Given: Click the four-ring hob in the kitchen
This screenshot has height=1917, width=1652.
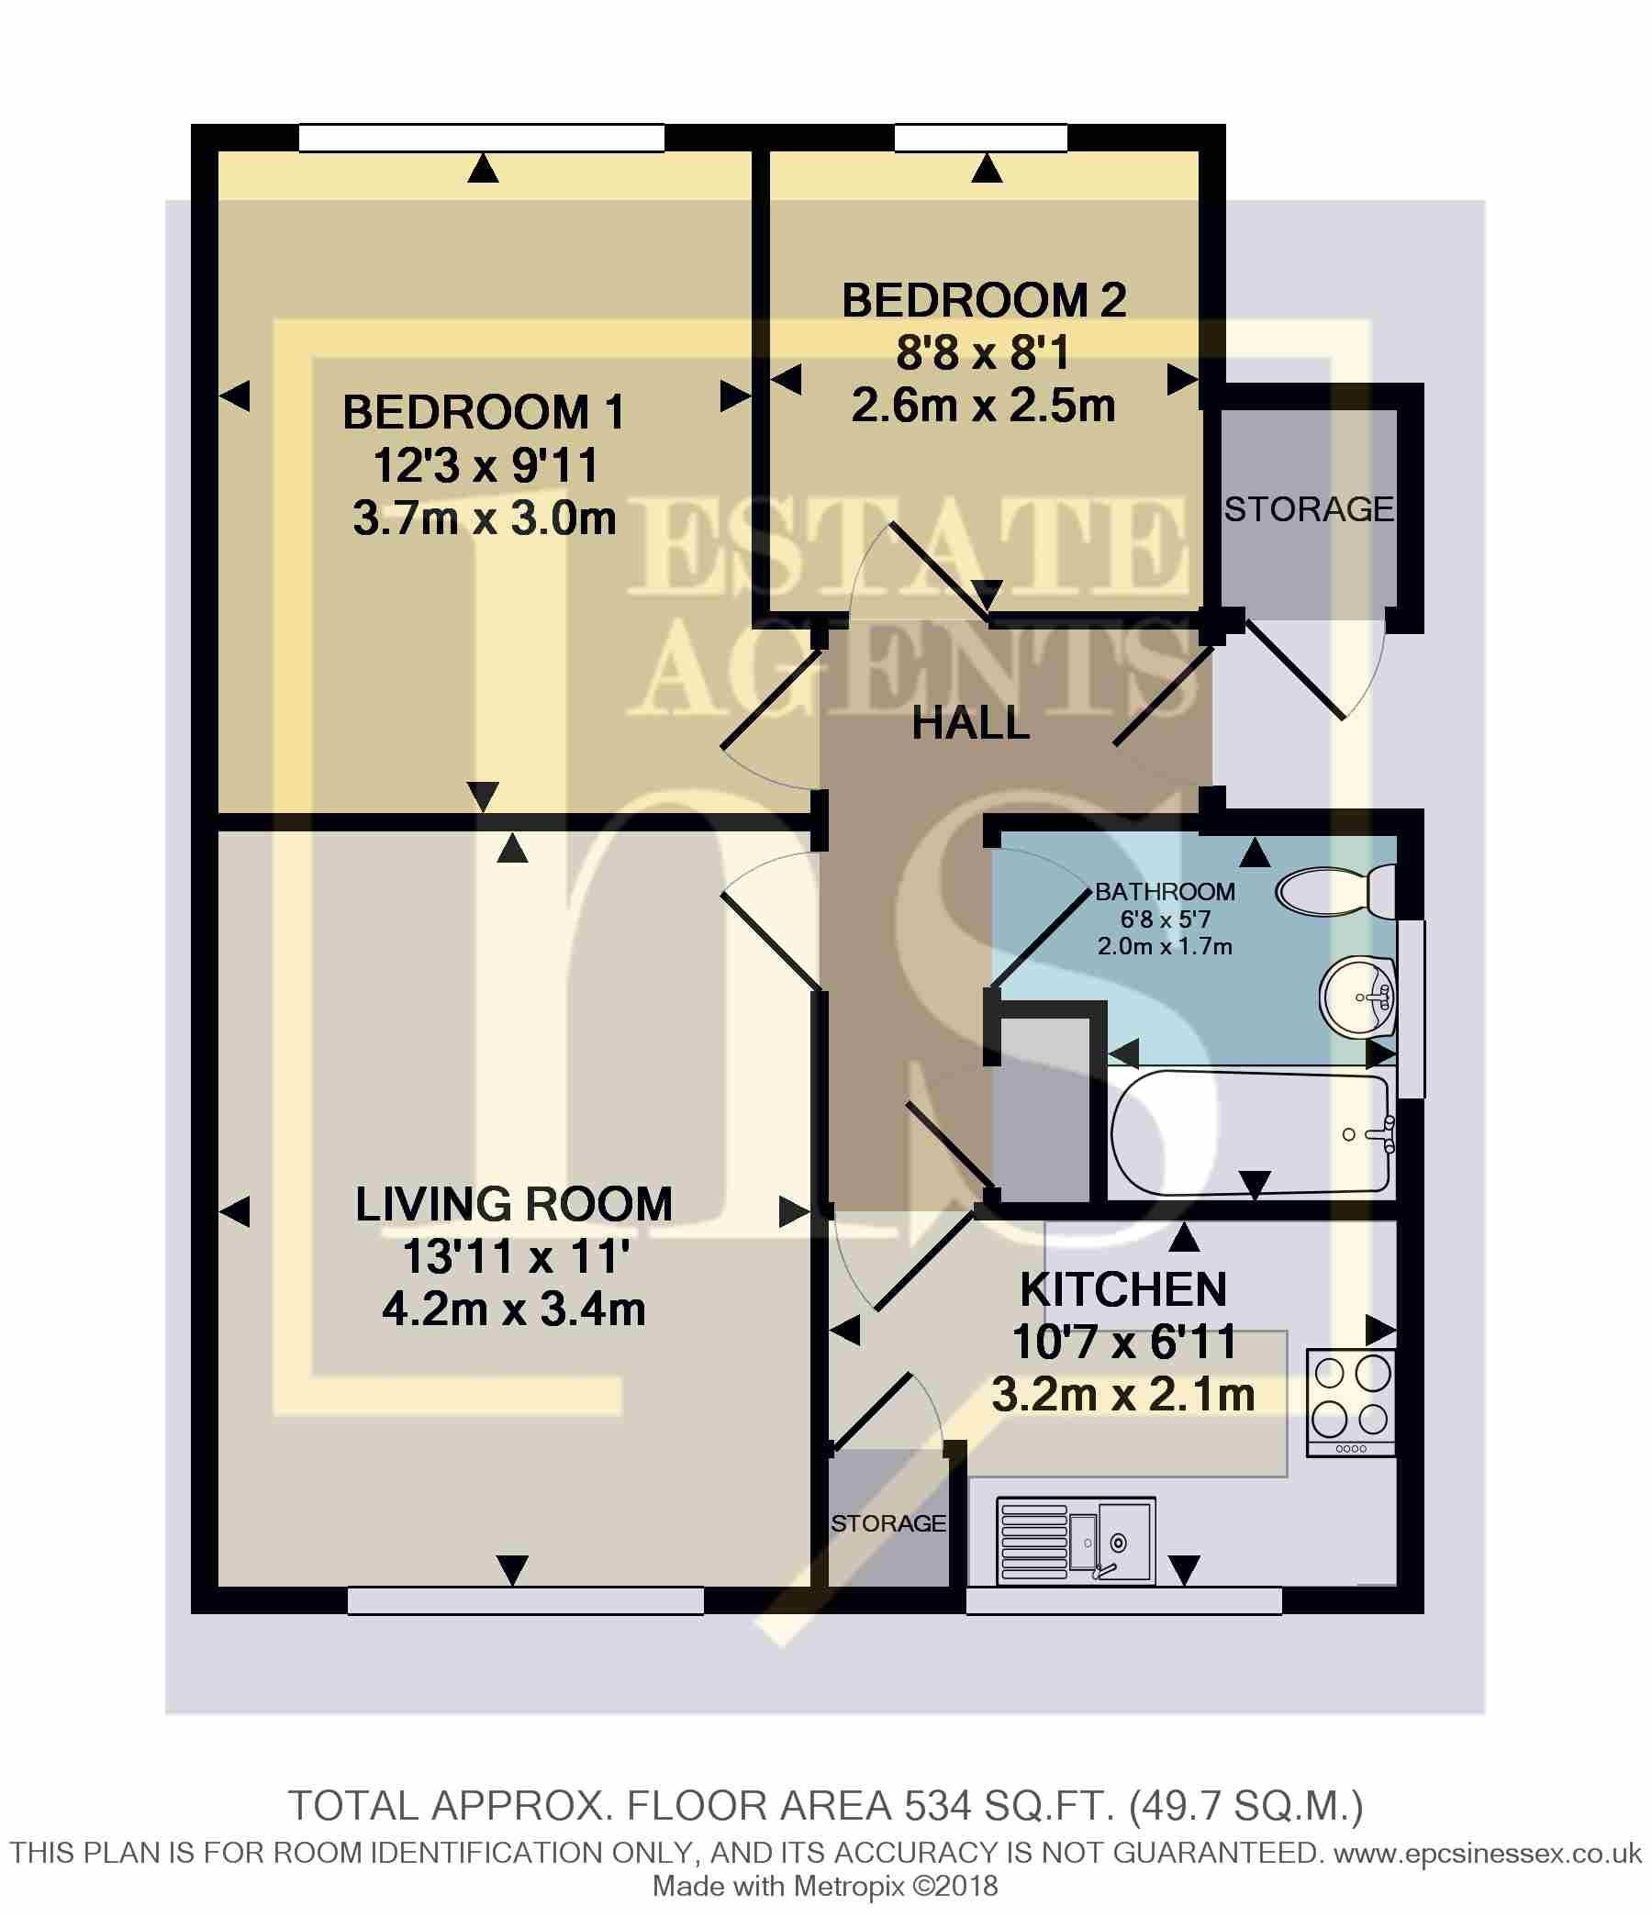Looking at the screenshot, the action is [x=1350, y=1403].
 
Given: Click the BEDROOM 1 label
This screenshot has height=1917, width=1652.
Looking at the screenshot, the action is [x=483, y=413].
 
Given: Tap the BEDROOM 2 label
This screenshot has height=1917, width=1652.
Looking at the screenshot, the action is [x=984, y=302].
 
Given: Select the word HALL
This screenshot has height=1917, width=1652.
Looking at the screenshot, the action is [x=971, y=722].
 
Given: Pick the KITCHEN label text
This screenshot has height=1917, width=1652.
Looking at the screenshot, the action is [x=1123, y=1289].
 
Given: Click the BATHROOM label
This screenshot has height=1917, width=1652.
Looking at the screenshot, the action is [x=1166, y=892].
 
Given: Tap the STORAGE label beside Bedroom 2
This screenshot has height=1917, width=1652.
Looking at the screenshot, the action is [x=1309, y=509].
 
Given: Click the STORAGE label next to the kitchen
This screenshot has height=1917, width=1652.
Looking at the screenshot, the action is [x=888, y=1524].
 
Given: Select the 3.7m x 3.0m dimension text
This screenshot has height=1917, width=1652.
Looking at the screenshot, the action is [x=484, y=519].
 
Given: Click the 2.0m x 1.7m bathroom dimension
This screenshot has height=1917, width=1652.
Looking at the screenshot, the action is [x=1165, y=946].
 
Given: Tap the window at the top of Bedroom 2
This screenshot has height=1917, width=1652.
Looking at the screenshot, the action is [x=980, y=138].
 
